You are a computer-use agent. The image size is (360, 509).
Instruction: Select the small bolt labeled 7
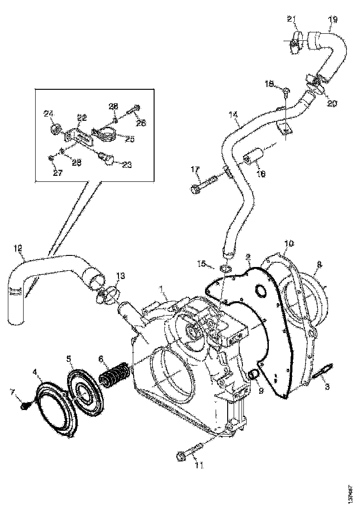tap(26, 406)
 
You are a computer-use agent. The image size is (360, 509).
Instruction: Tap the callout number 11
tap(199, 466)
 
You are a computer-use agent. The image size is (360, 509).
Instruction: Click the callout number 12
tap(18, 248)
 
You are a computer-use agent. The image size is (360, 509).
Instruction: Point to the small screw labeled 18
tap(286, 93)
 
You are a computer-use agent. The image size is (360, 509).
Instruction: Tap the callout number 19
tap(333, 19)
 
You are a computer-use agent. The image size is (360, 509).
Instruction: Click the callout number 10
tap(289, 242)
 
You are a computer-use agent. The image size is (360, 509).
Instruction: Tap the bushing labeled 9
tap(254, 374)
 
